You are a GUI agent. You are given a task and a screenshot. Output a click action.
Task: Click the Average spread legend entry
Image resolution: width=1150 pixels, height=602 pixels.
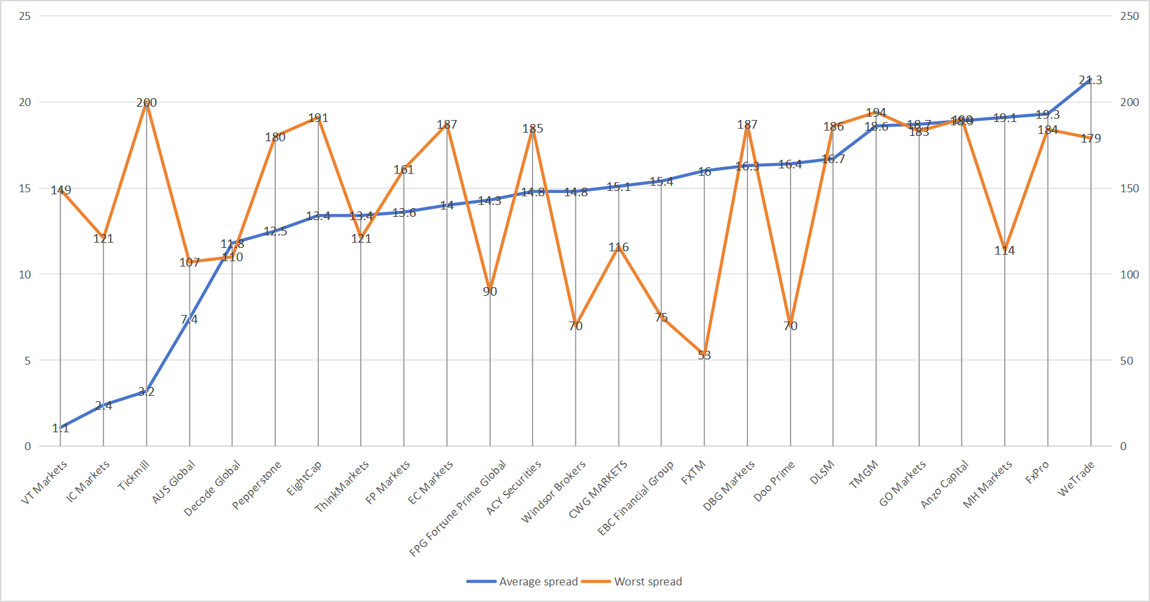point(523,581)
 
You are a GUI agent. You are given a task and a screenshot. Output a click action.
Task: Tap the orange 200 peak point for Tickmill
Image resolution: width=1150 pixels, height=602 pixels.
point(147,103)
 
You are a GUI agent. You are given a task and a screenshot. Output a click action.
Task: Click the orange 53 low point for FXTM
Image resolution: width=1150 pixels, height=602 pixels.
point(704,355)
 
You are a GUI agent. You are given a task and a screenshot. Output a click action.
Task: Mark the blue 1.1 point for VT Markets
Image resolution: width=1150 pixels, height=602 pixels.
point(60,428)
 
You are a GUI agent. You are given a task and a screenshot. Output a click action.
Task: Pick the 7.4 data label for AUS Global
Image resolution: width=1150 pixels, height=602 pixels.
point(189,320)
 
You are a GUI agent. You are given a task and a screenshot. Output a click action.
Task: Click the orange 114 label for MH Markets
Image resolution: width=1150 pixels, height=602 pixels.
point(1004,251)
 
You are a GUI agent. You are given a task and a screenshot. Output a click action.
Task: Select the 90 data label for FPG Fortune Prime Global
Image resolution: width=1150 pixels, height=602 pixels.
point(490,292)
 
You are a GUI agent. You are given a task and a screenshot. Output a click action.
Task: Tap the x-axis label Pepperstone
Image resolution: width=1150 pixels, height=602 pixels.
point(257,486)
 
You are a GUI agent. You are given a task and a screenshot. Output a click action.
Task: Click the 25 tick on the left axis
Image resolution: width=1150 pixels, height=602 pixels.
point(25,16)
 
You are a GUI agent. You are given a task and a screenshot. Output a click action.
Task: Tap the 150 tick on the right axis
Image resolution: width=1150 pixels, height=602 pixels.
point(1129,188)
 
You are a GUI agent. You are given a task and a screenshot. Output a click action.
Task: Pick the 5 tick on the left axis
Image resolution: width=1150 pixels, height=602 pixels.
point(28,361)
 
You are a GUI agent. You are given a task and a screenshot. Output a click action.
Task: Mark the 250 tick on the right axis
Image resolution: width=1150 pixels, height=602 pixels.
point(1129,16)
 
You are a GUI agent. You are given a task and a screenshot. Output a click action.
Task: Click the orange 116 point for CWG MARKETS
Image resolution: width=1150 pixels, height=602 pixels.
point(619,247)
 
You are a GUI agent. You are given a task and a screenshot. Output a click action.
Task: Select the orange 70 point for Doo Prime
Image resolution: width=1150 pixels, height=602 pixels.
point(791,326)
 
